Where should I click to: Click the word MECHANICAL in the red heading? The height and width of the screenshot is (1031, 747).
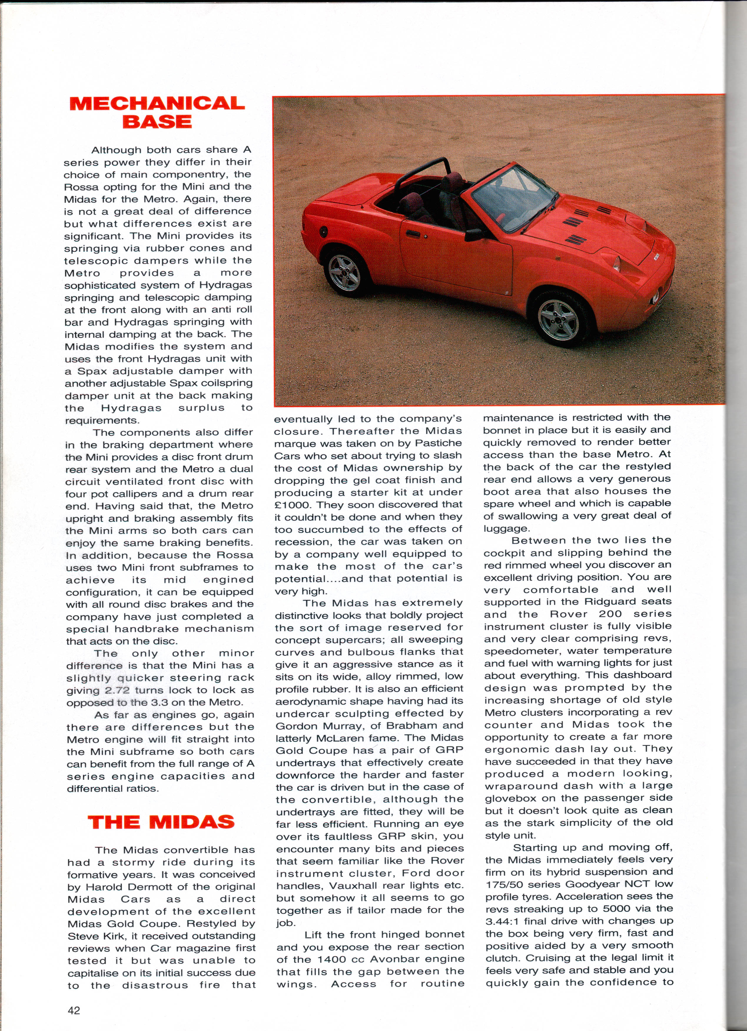(157, 104)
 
